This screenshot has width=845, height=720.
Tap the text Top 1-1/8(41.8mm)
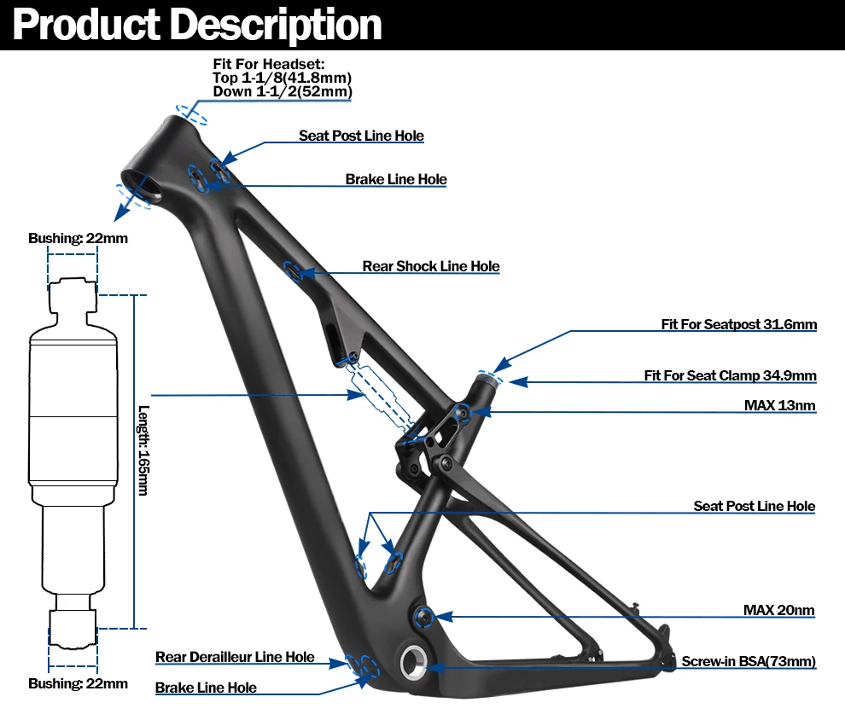(282, 78)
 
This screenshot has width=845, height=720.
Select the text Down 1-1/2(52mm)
(282, 91)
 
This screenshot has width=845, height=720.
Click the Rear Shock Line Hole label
(430, 266)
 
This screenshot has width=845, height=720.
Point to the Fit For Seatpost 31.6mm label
(738, 324)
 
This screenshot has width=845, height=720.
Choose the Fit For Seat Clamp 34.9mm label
(730, 375)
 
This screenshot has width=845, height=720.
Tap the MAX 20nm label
(778, 610)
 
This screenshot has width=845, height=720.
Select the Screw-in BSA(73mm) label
(749, 661)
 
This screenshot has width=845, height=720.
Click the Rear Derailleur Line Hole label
(235, 657)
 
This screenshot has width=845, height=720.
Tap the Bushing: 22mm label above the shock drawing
(78, 238)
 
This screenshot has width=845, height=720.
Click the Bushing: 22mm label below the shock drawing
(78, 683)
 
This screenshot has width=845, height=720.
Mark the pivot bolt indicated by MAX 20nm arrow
(422, 615)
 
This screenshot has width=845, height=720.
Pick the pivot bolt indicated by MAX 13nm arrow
(463, 412)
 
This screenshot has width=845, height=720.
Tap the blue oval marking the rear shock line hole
(293, 271)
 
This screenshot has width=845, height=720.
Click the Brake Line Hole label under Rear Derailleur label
(206, 688)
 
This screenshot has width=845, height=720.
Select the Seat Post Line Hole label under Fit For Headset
(361, 136)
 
